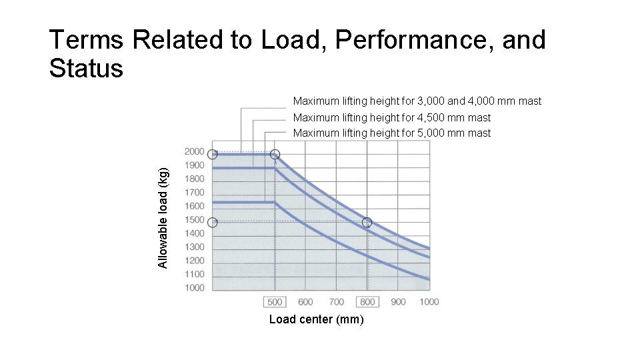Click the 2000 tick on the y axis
[x=195, y=151]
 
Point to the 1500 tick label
[x=195, y=220]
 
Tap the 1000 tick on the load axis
[x=195, y=288]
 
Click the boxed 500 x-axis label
[x=275, y=302]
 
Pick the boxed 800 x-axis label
[x=367, y=302]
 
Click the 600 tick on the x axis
[x=306, y=302]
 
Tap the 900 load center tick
[x=398, y=302]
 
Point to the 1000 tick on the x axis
[x=429, y=302]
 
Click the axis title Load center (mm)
[x=316, y=319]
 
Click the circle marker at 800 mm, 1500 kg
[x=367, y=222]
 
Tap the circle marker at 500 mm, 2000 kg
[x=275, y=154]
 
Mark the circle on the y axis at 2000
[x=212, y=154]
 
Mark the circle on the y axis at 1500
[x=212, y=222]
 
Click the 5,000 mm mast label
[x=391, y=133]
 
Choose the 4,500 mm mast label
[x=391, y=118]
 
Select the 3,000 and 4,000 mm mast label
[x=417, y=101]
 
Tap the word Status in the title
[x=86, y=68]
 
